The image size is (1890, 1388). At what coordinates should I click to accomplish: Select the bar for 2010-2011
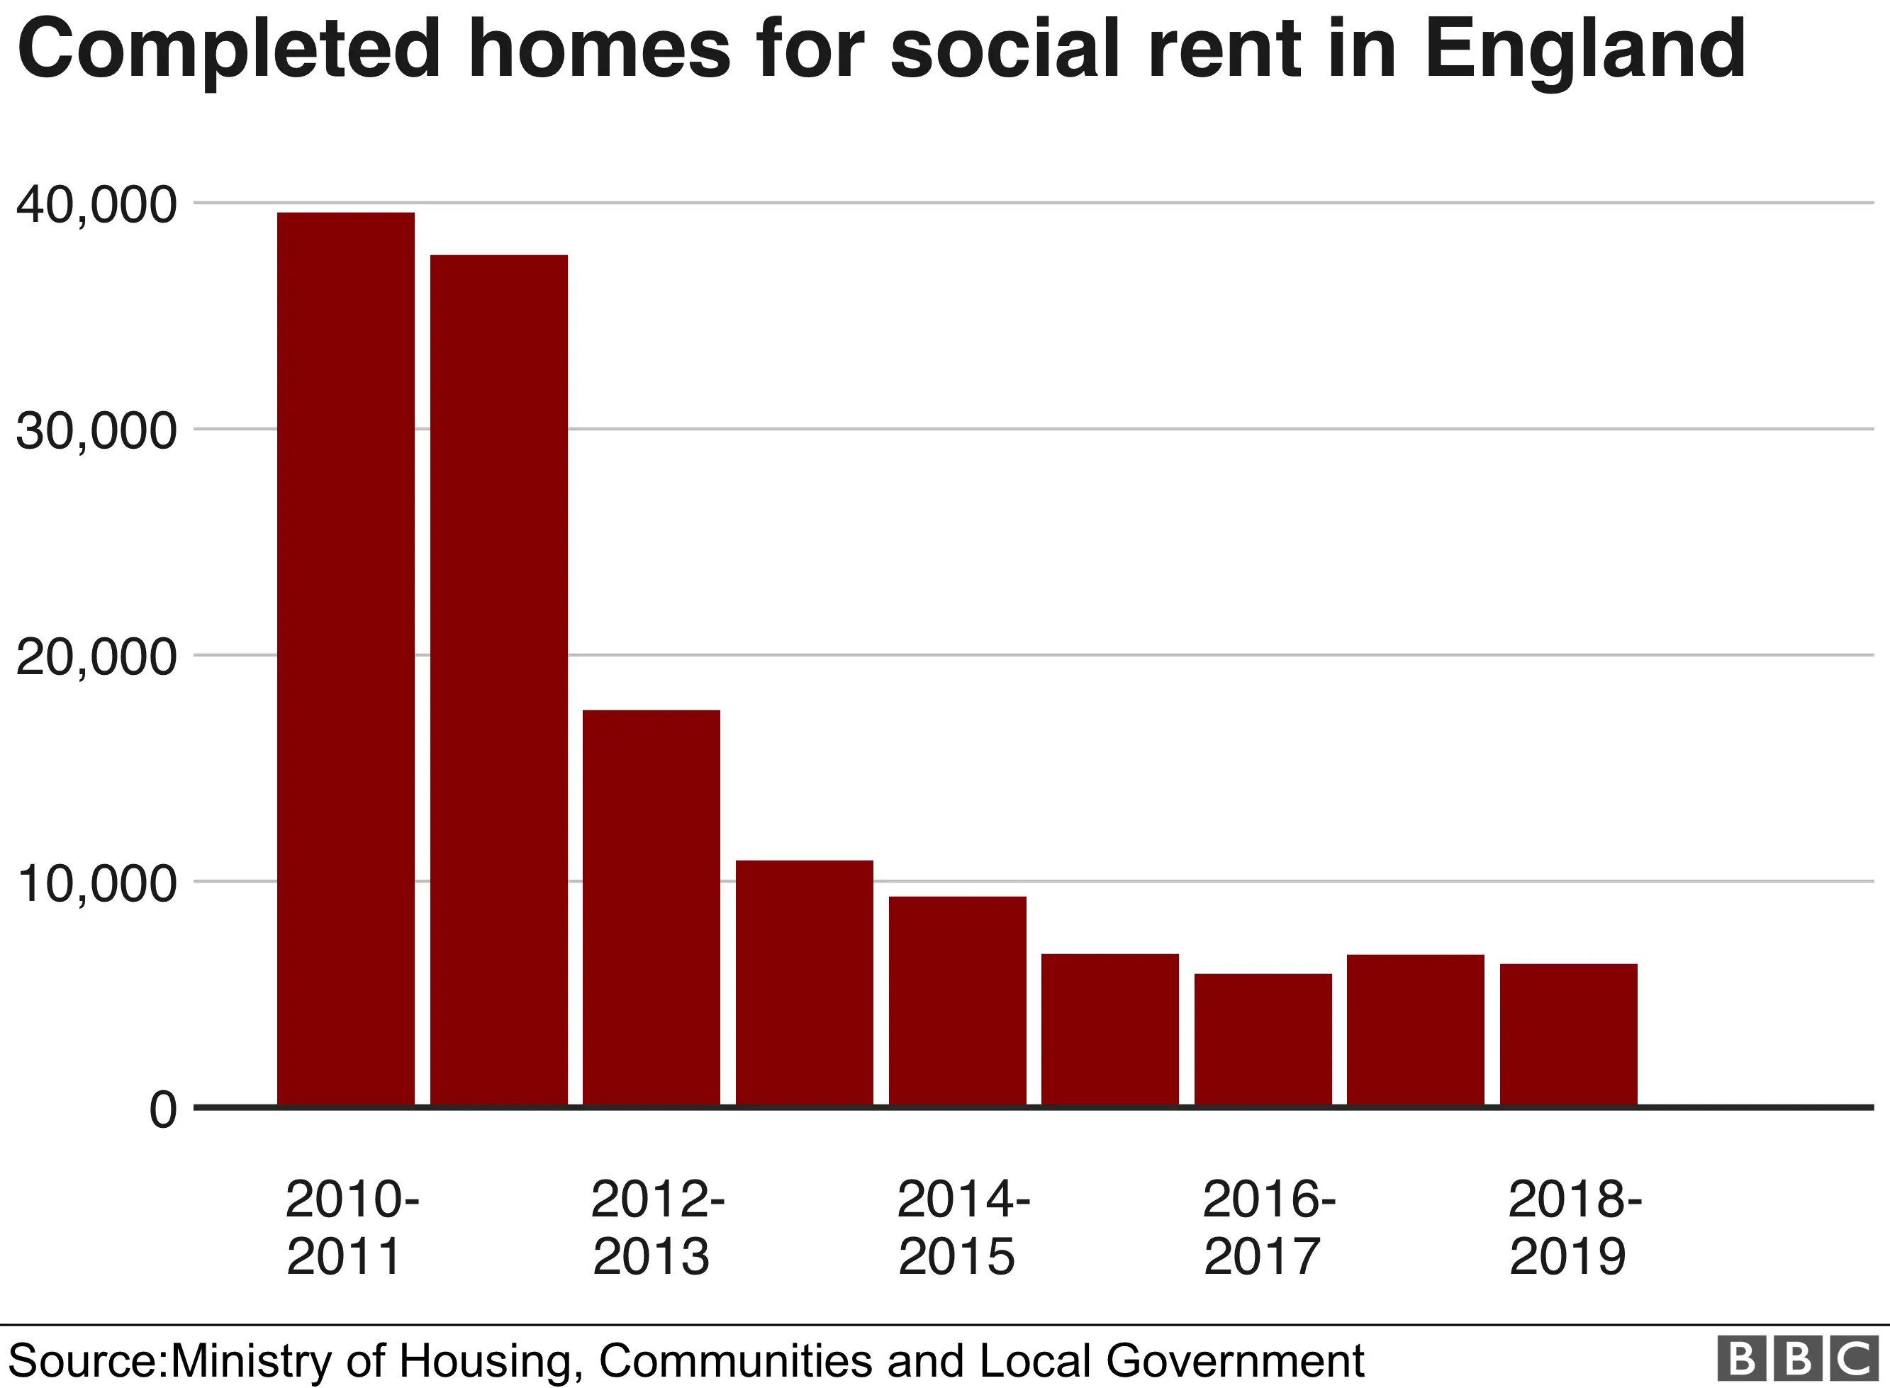[x=345, y=659]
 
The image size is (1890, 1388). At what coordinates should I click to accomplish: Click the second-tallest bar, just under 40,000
[x=498, y=680]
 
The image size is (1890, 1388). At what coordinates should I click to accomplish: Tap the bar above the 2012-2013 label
[x=651, y=907]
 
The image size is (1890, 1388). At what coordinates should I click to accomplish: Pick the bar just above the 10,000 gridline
[x=804, y=983]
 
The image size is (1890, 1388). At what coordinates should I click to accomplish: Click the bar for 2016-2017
[x=1263, y=1039]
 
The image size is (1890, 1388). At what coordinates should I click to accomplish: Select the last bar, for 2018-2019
[x=1568, y=1034]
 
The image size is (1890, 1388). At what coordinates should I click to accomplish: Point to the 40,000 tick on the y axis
[x=96, y=204]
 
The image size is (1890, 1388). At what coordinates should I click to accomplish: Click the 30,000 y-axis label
[x=96, y=431]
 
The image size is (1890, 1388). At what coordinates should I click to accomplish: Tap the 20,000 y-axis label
[x=96, y=657]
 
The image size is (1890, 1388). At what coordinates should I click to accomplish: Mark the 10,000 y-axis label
[x=96, y=883]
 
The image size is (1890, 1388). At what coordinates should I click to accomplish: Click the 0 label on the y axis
[x=163, y=1110]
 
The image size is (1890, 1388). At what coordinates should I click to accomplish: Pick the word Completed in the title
[x=228, y=50]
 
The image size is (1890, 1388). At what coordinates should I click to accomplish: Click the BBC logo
[x=1799, y=1360]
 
